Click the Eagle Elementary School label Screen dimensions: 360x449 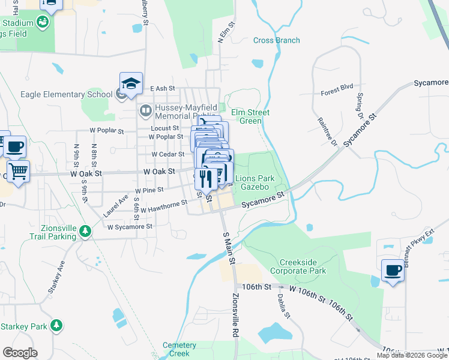[66, 94]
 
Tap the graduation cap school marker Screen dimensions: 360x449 [130, 84]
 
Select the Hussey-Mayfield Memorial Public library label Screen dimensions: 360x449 [185, 109]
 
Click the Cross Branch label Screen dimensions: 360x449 [276, 41]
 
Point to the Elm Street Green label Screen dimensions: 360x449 [250, 116]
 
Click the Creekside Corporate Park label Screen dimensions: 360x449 [303, 267]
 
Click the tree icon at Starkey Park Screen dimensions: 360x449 [56, 325]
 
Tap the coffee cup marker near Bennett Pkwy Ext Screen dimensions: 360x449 [393, 271]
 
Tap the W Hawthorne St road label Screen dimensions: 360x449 [163, 207]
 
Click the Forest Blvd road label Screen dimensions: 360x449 [337, 93]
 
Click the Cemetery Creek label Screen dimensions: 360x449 [179, 349]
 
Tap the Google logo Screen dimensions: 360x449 [20, 353]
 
